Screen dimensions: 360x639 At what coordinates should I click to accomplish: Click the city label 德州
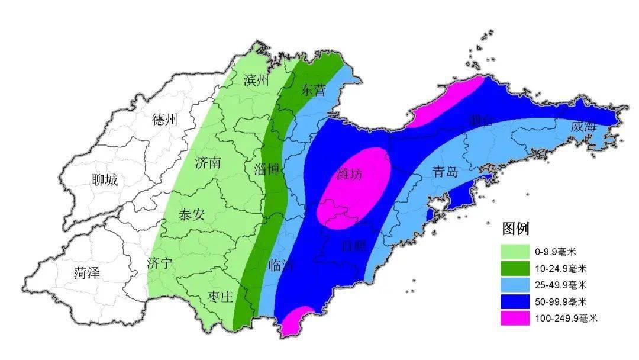tap(164, 120)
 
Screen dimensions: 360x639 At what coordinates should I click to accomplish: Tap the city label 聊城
tap(105, 180)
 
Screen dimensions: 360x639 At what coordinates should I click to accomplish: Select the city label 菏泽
tap(87, 273)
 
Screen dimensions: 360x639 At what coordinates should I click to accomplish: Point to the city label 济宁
tap(160, 263)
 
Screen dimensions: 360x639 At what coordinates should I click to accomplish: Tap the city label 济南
tap(208, 162)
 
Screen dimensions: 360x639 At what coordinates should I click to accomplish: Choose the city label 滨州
tap(256, 81)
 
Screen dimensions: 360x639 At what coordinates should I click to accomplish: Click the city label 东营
tap(314, 90)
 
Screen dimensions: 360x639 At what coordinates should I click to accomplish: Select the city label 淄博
tap(266, 169)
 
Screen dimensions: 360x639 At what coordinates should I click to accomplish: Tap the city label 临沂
tap(280, 265)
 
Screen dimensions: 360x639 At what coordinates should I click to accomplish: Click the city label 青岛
tap(445, 172)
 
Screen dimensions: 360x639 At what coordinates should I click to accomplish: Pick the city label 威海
tap(583, 127)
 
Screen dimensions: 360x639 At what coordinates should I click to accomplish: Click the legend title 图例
tap(515, 229)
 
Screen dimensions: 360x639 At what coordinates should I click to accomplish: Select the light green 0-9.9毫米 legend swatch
tap(515, 251)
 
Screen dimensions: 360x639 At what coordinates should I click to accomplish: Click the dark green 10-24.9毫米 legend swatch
tap(515, 268)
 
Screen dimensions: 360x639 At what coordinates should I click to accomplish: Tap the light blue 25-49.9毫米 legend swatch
tap(515, 284)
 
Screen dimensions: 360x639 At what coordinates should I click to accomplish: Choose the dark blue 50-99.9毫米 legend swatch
tap(515, 301)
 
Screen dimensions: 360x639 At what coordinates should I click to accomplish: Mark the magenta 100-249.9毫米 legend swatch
tap(515, 317)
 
